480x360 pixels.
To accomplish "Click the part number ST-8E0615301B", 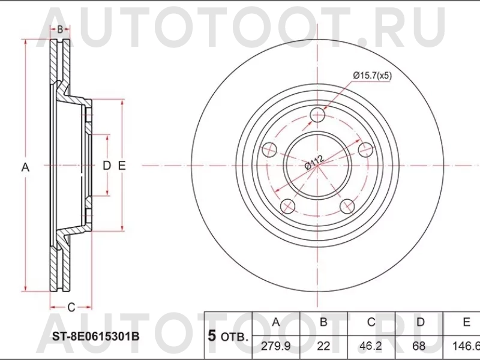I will coord(90,336).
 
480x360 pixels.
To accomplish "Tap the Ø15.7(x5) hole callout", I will coord(372,76).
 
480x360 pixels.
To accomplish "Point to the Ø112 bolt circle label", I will coord(314,163).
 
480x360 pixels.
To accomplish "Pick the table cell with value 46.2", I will coord(371,346).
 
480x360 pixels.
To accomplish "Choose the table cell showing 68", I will coord(421,346).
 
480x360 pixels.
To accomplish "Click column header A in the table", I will coord(276,322).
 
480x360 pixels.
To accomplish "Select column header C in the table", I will coord(371,322).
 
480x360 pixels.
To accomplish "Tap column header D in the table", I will coord(421,322).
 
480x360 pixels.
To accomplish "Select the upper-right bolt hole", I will coord(364,149).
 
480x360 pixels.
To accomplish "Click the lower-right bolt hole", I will coord(346,206).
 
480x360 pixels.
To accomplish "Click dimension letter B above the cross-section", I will coord(60,29).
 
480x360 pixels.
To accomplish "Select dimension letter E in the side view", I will coord(122,166).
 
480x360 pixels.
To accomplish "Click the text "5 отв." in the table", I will coord(227,336).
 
